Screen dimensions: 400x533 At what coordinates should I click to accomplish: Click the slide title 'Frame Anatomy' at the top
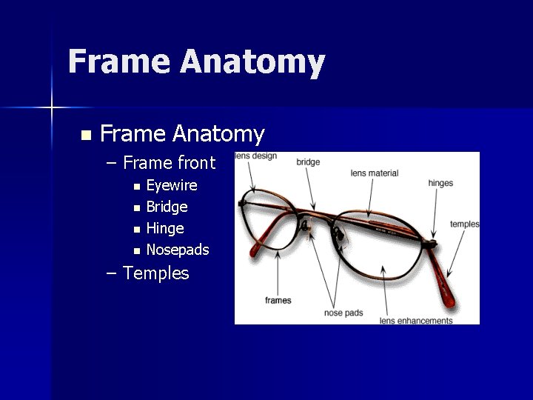pos(196,62)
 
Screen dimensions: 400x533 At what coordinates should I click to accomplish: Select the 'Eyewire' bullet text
pos(172,185)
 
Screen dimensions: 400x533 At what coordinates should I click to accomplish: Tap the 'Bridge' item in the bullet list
pos(167,207)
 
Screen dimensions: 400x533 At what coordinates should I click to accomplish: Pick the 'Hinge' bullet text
pos(165,228)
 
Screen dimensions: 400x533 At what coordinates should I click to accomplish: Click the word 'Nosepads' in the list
pos(178,250)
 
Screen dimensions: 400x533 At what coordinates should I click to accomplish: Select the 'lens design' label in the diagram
pos(255,156)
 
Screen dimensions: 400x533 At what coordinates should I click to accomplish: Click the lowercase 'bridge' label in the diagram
pos(308,162)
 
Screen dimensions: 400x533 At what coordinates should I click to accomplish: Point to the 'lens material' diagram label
pos(374,173)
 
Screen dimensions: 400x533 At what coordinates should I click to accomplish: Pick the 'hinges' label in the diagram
pos(440,183)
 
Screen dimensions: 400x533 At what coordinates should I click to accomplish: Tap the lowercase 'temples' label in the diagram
pos(464,224)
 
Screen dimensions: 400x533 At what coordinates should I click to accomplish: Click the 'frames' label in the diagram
pos(278,300)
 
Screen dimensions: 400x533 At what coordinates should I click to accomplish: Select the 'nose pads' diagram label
pos(343,313)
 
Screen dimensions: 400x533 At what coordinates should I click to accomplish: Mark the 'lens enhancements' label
pos(415,321)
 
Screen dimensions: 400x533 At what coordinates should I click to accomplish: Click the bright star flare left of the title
pos(52,108)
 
